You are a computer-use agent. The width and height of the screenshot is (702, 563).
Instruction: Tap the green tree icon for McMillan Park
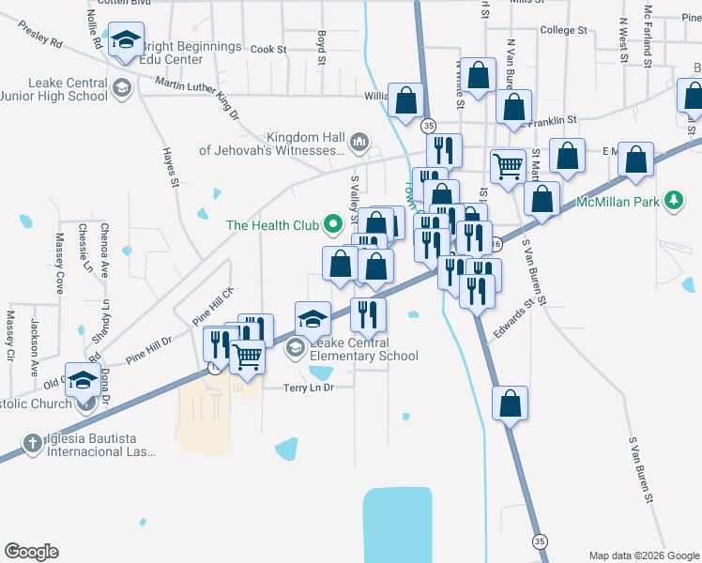pos(672,200)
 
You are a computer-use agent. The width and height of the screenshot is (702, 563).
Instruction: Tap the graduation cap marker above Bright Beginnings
pos(126,41)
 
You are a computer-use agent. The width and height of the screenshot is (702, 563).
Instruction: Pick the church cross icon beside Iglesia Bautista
pos(32,443)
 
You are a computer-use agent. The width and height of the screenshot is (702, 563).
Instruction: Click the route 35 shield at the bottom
pos(539,541)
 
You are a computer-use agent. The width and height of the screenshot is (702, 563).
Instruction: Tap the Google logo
pos(31,552)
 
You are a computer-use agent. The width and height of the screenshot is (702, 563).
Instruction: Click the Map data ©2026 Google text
pos(643,555)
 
